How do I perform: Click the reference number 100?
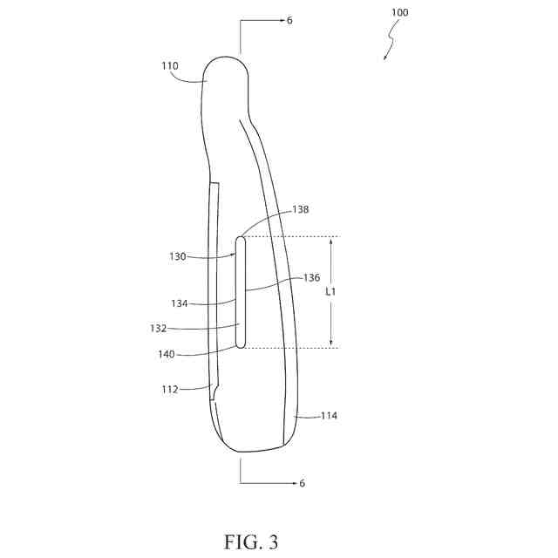coord(398,13)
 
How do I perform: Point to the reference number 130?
coord(179,256)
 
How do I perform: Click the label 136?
coord(311,277)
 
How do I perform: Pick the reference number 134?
coord(180,303)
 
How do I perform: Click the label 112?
coord(169,389)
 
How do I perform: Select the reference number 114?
coord(328,416)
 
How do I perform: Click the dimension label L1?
coord(330,292)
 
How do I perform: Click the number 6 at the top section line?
coord(289,20)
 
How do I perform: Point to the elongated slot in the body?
coord(240,292)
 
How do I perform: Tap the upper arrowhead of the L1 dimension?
coord(330,239)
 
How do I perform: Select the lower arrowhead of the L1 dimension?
coord(330,345)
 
